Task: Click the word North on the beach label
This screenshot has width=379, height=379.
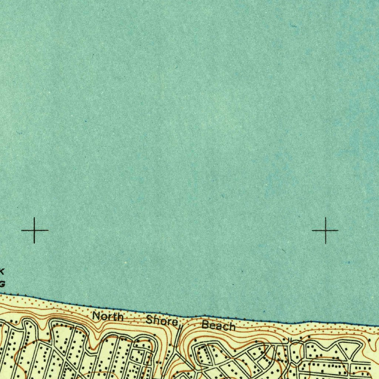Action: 108,317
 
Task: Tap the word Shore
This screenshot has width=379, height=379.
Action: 162,321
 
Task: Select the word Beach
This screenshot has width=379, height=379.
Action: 218,326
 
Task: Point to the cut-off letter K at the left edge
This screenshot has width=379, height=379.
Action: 2,271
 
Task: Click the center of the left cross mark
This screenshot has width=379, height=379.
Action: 34,231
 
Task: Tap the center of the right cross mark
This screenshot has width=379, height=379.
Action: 325,231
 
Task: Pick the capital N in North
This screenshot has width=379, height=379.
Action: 97,316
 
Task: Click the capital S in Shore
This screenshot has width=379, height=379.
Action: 150,320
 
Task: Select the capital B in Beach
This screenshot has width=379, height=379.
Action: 205,325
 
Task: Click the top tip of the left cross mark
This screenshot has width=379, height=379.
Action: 34,218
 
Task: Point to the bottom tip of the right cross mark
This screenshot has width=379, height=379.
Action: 325,244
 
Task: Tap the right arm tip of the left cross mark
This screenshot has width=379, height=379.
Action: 48,231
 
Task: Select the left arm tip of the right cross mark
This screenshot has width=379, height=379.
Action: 312,231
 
